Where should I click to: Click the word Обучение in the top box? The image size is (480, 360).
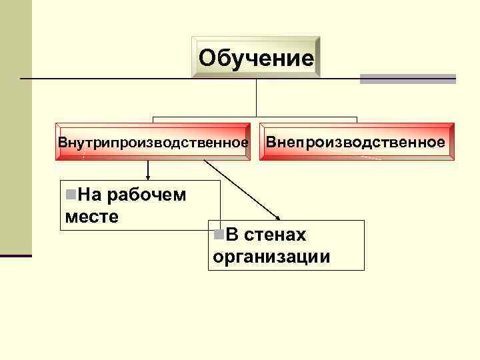point(256,58)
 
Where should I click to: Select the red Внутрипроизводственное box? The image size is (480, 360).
point(153,142)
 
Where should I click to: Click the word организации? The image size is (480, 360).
point(271,257)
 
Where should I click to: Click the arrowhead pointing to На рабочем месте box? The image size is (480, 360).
point(148,177)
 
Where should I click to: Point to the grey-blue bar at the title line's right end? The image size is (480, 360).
point(407,79)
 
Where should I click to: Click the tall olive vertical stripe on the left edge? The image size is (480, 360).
point(15,127)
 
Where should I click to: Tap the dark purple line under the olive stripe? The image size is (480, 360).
point(15,255)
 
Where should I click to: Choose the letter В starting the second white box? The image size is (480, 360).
point(231,235)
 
